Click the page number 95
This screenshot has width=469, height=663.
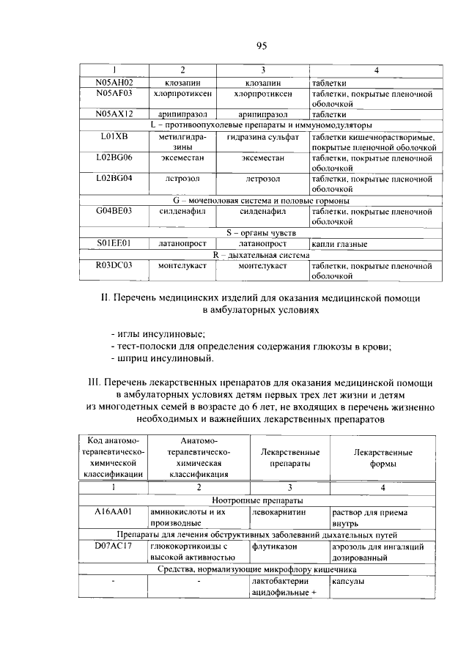pyautogui.click(x=262, y=46)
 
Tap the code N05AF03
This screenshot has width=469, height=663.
pyautogui.click(x=114, y=94)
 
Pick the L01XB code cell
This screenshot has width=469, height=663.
pyautogui.click(x=114, y=136)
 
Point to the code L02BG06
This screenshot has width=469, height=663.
pyautogui.click(x=114, y=158)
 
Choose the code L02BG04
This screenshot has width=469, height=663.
pyautogui.click(x=114, y=178)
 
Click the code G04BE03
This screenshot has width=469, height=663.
pyautogui.click(x=114, y=211)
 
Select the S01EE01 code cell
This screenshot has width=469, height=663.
pyautogui.click(x=114, y=243)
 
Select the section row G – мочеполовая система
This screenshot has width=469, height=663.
pyautogui.click(x=261, y=200)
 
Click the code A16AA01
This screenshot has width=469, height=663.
pyautogui.click(x=114, y=513)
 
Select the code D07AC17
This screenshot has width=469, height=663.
pyautogui.click(x=114, y=547)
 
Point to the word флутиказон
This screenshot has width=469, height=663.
pyautogui.click(x=276, y=547)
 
